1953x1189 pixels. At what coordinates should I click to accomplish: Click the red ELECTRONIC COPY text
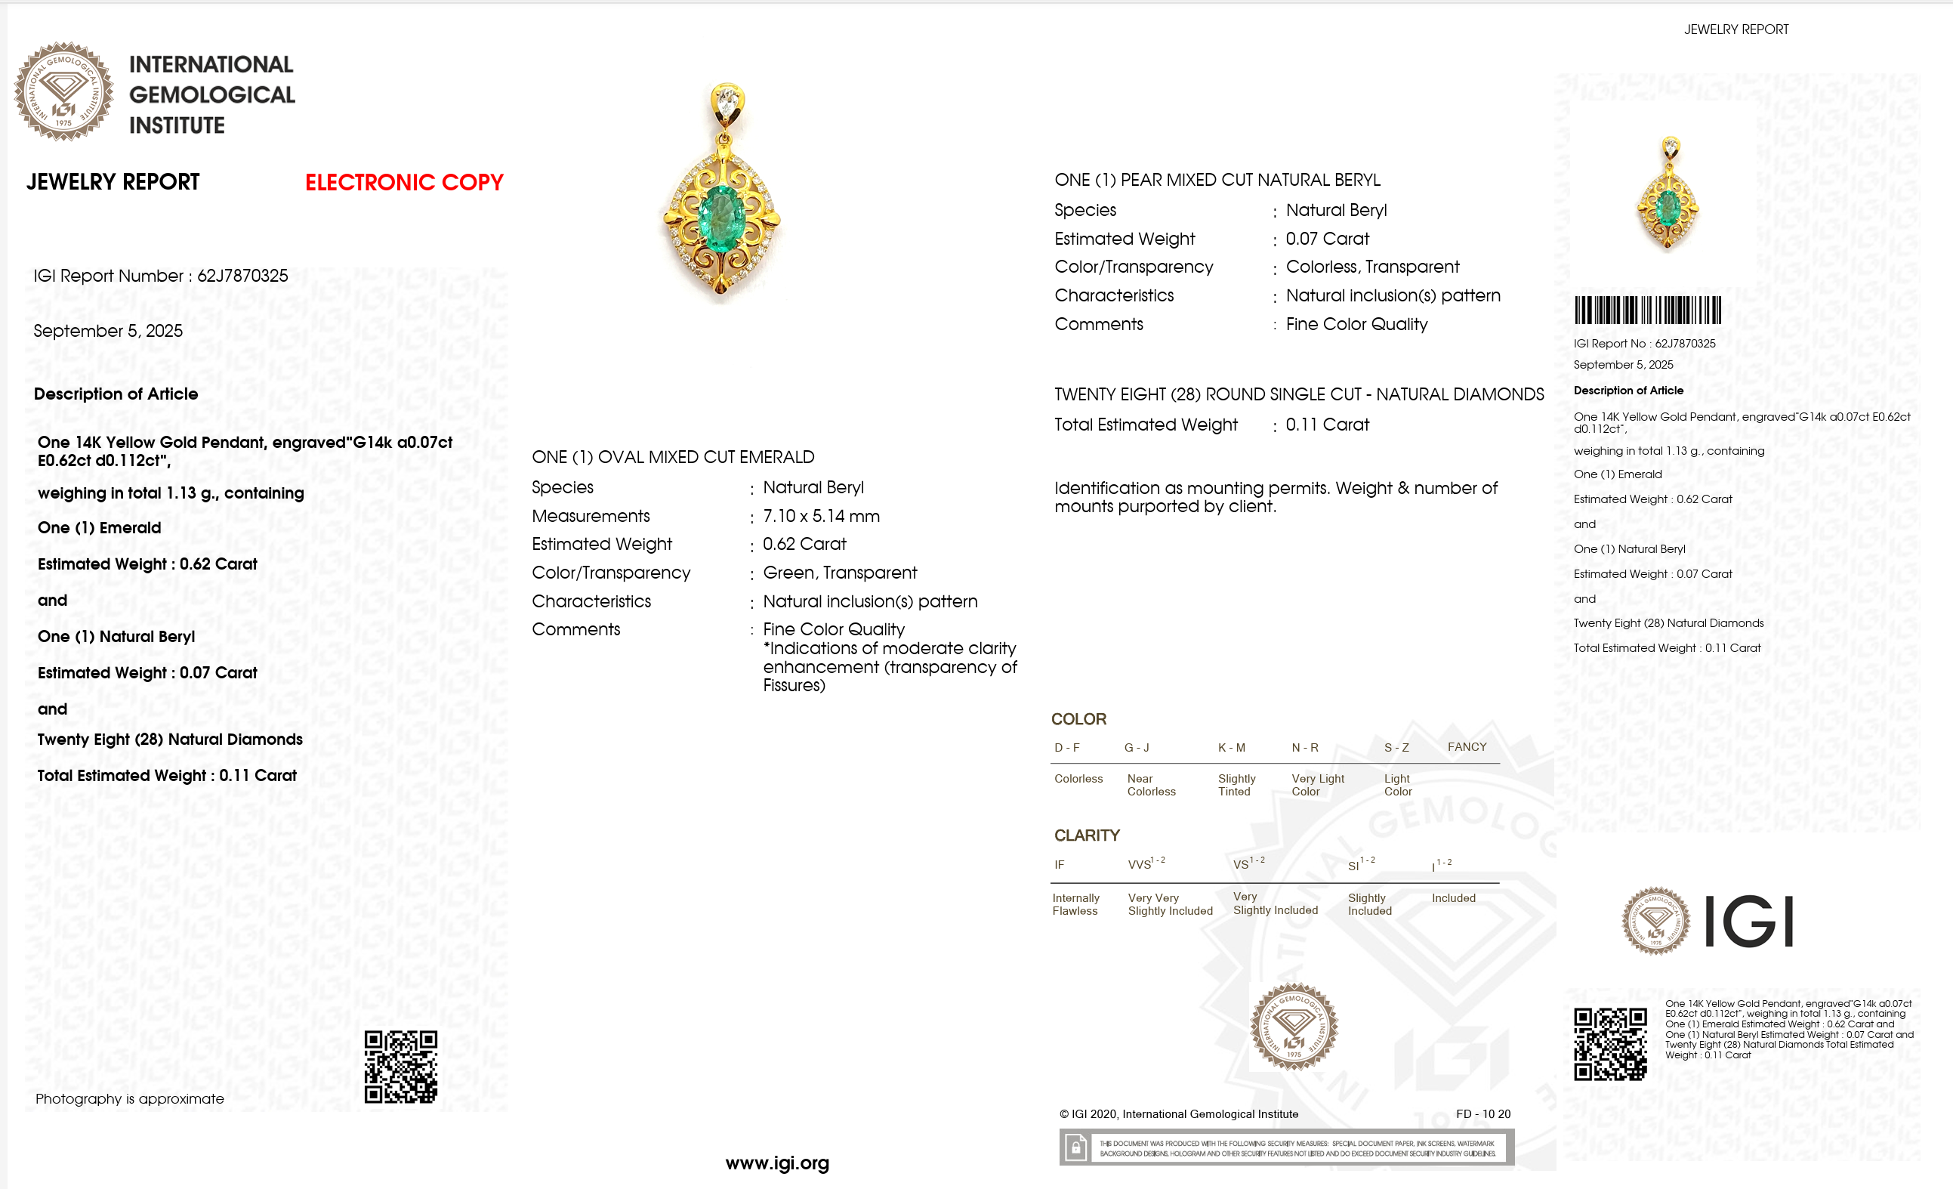404,182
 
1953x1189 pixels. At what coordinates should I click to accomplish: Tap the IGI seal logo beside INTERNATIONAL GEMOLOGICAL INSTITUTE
63,92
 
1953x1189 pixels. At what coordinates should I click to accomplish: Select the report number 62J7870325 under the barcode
1685,343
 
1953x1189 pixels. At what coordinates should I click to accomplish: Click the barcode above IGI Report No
1647,310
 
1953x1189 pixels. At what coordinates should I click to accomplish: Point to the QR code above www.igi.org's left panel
400,1067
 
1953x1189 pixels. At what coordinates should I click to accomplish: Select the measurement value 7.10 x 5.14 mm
821,516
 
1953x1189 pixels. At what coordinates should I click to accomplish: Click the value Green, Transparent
839,573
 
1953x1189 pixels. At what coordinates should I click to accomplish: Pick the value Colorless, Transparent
1372,267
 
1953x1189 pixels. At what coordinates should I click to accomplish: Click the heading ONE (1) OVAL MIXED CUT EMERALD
673,457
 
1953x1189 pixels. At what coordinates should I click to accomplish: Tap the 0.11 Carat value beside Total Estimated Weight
1327,425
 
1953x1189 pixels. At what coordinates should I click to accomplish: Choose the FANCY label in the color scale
1467,746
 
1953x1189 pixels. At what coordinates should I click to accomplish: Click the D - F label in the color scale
1067,748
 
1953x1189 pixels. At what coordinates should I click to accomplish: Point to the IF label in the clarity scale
1059,865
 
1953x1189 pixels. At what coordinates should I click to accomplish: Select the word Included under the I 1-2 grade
1453,898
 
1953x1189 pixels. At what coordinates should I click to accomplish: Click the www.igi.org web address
777,1163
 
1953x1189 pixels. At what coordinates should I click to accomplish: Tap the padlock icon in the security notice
1075,1147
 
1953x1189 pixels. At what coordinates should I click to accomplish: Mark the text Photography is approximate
130,1098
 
